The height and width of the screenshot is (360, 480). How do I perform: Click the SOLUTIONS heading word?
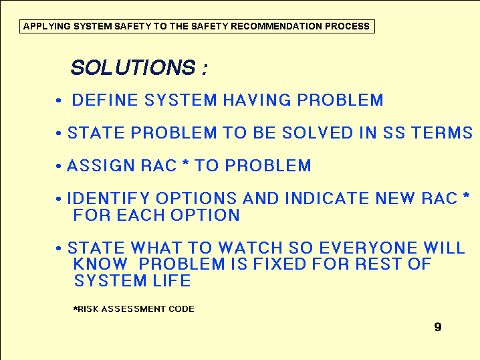click(133, 67)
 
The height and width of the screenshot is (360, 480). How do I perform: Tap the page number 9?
click(438, 327)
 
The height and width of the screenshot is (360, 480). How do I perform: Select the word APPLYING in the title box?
click(47, 26)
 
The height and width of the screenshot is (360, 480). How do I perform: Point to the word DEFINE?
click(105, 100)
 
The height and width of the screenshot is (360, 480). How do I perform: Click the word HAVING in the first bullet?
click(257, 100)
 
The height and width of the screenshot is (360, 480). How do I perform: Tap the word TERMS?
click(442, 132)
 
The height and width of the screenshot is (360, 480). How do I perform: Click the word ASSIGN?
click(101, 165)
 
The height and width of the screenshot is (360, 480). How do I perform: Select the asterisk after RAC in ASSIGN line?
click(185, 163)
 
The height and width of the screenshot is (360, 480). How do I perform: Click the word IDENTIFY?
click(108, 198)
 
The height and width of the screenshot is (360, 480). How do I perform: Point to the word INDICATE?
click(327, 198)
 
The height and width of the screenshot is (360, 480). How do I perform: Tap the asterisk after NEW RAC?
click(466, 195)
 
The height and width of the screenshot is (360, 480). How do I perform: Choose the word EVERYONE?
click(368, 248)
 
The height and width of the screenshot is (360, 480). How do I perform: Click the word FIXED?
click(279, 264)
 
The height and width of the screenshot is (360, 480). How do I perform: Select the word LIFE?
click(172, 280)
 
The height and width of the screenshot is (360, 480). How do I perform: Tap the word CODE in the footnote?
click(182, 309)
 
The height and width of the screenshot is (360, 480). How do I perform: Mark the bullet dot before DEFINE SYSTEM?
click(59, 100)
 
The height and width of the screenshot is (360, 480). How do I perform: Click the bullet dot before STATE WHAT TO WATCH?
click(59, 248)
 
